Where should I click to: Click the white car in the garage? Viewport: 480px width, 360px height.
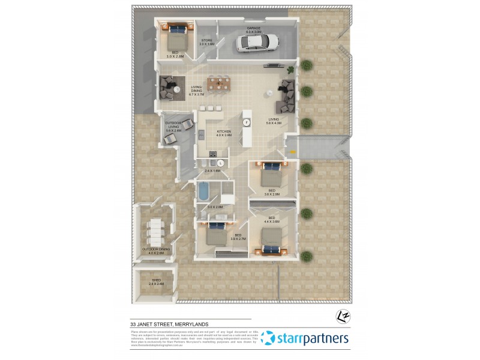pos(257,42)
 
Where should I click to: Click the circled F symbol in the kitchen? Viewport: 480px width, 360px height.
pos(246,122)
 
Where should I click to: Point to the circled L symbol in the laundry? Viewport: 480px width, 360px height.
pos(220,163)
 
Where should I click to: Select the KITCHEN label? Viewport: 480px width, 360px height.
pos(224,131)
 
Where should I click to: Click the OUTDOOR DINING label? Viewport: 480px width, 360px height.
pos(156,248)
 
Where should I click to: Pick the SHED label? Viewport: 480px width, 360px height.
pos(156,280)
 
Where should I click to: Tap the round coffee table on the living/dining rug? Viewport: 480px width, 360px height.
pos(178,89)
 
